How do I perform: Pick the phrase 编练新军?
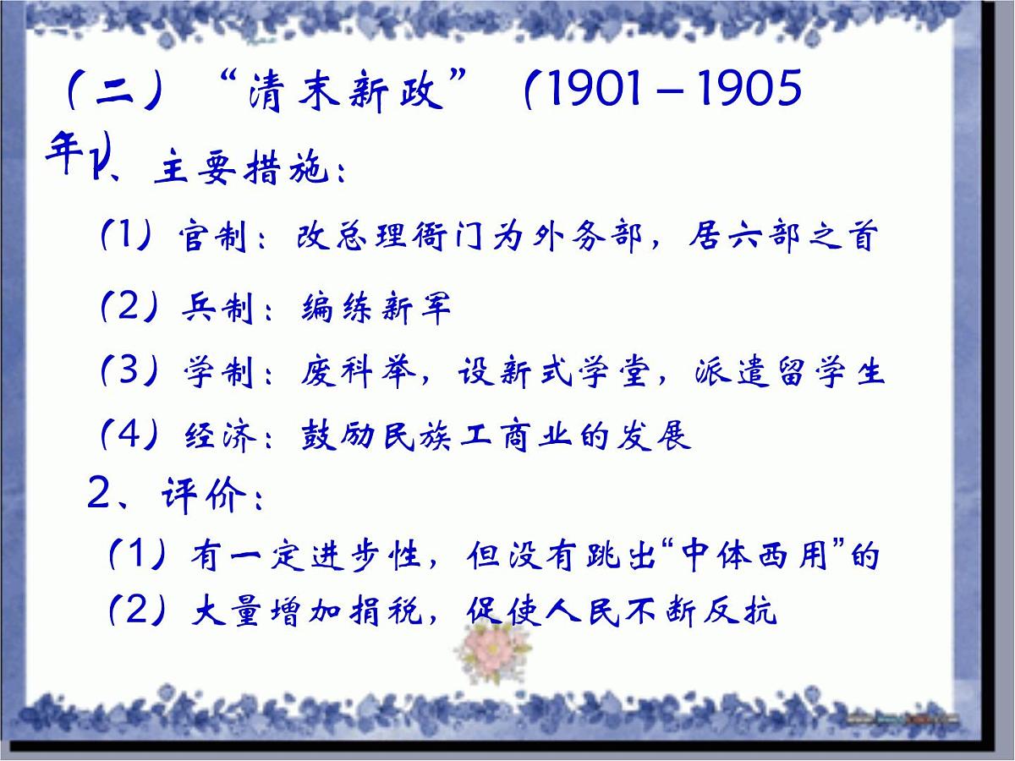(376, 309)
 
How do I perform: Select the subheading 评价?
(201, 495)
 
